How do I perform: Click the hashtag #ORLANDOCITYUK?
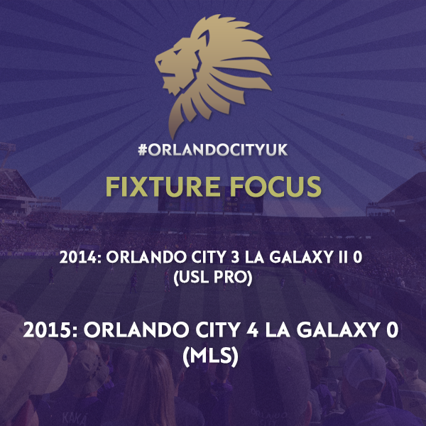213,150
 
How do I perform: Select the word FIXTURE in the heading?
163,186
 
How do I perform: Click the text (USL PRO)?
213,278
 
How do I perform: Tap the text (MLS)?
211,356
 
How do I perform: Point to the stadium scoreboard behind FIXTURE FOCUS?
211,203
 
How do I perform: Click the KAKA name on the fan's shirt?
74,418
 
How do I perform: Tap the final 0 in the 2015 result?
393,330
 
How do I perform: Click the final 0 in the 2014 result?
358,257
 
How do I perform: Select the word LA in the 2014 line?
254,257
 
